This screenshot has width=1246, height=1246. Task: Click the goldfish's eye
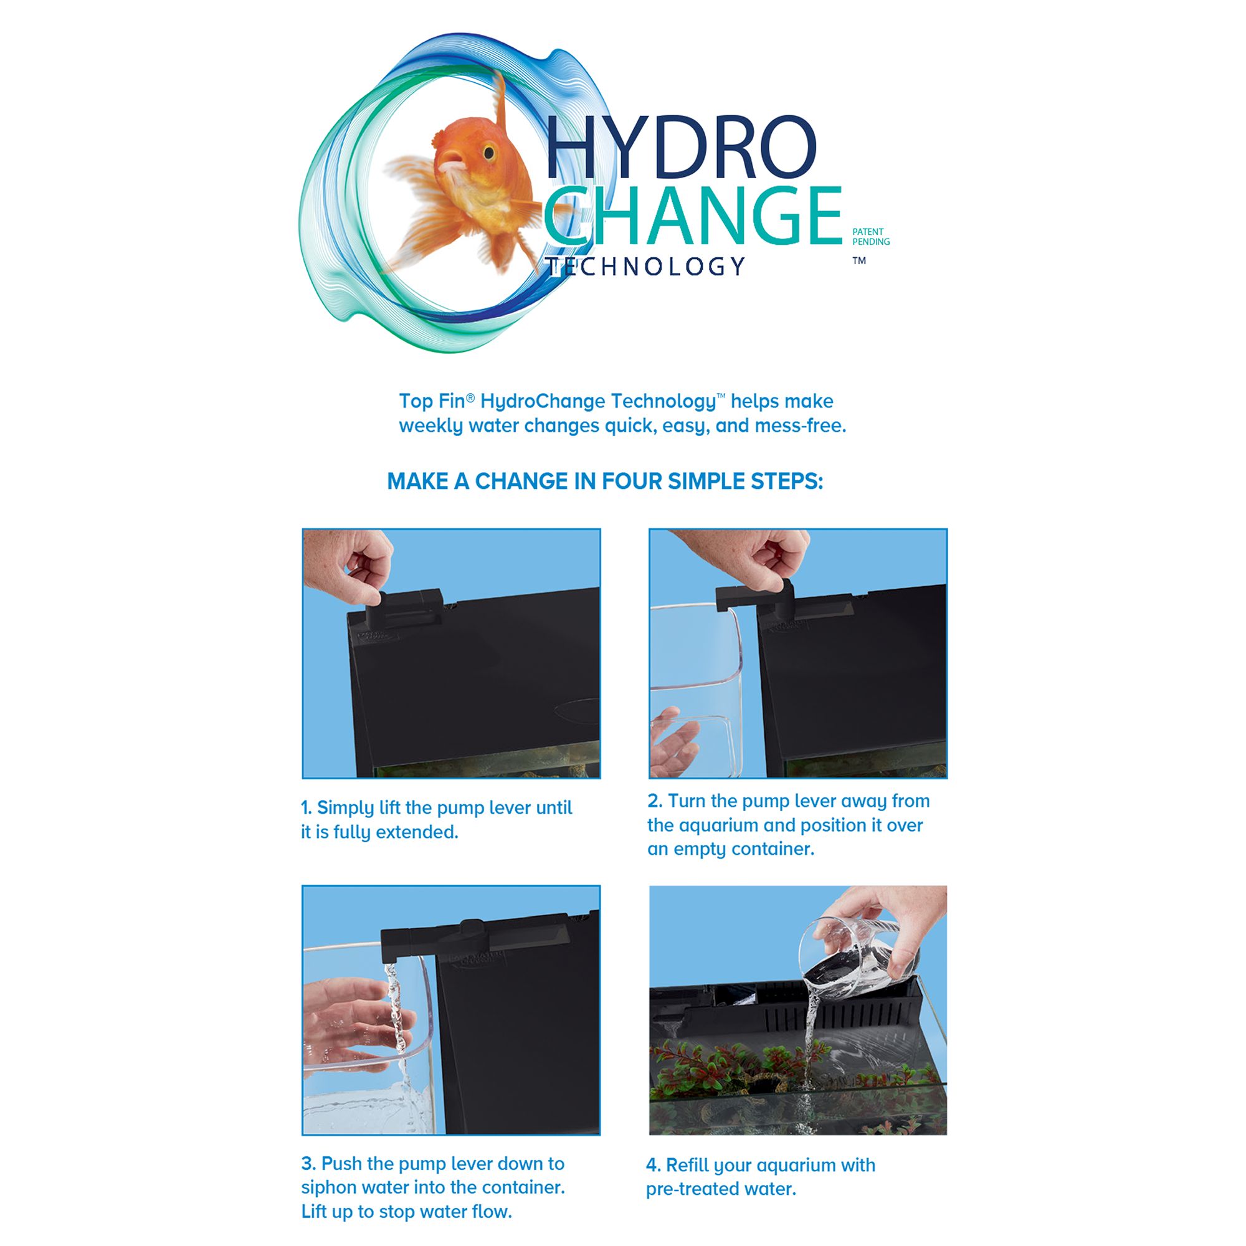[489, 153]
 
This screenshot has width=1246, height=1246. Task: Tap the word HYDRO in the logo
[681, 147]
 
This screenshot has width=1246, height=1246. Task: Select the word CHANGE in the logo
[693, 216]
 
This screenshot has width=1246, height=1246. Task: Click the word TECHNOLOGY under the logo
[645, 267]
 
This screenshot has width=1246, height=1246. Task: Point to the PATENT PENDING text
[871, 237]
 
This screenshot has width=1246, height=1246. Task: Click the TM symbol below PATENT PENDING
[859, 260]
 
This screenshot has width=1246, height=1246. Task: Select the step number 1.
[306, 808]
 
